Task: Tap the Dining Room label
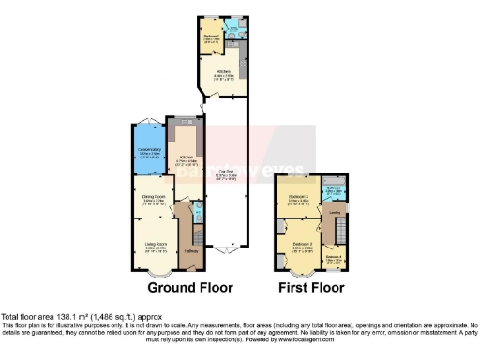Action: (154, 198)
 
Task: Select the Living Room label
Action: (154, 247)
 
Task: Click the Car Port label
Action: (226, 172)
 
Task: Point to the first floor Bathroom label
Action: (333, 187)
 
